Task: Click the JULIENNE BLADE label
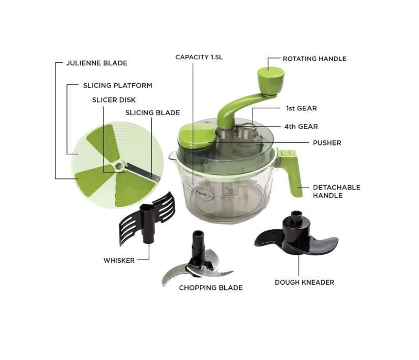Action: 96,63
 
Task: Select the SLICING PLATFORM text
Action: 117,85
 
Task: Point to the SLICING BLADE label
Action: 152,113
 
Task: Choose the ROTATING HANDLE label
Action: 314,59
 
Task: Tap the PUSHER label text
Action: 327,142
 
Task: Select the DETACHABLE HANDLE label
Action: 336,191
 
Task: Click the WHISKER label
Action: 119,260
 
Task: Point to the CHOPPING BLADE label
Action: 211,288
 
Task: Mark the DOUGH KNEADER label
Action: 304,282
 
